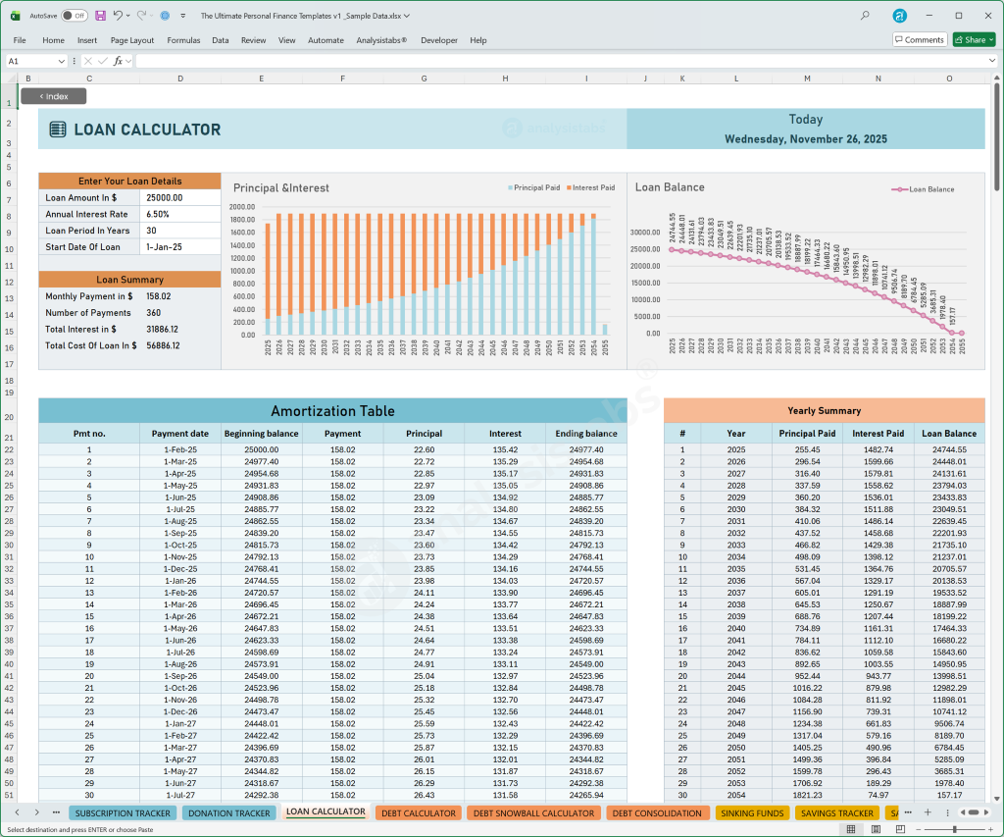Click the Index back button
[53, 96]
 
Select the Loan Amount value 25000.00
[164, 197]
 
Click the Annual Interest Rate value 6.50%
[158, 214]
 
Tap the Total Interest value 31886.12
[162, 330]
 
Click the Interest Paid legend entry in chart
[592, 187]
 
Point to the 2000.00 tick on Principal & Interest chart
[241, 207]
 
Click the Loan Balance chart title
[670, 187]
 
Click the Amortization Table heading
[331, 411]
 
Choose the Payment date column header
[179, 434]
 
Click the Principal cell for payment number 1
[424, 449]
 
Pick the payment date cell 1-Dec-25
[180, 569]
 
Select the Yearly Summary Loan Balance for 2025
[948, 449]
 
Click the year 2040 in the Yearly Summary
[736, 628]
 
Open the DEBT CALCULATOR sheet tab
[418, 813]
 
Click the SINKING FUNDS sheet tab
[752, 813]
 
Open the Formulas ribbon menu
[183, 40]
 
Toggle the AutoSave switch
[74, 16]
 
